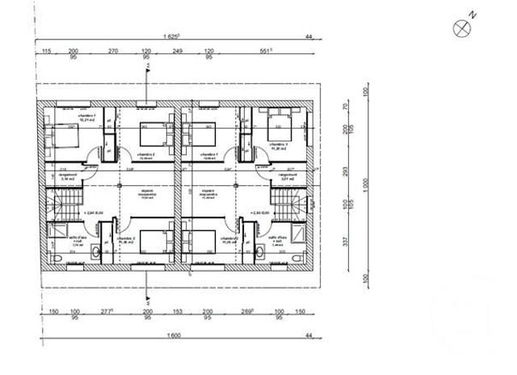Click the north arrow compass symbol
462,27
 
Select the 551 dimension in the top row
265,50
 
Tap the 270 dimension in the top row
113,50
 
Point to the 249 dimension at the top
178,50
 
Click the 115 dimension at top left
46,50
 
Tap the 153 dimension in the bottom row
178,311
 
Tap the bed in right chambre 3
280,126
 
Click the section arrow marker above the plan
147,70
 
